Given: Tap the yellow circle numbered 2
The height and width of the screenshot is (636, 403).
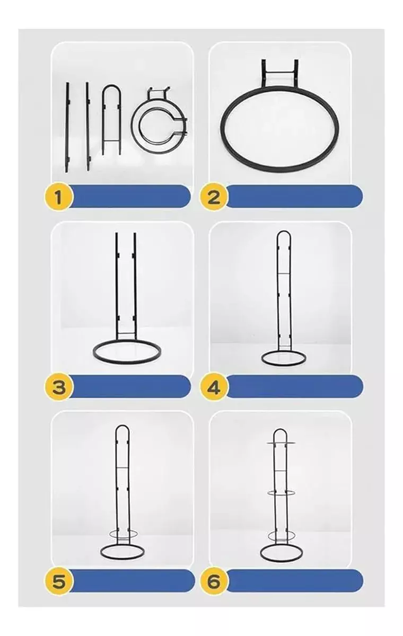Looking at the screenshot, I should (x=213, y=197).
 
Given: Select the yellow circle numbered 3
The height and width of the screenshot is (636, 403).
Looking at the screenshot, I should (x=58, y=386).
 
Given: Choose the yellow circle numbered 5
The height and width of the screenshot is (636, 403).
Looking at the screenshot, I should (x=58, y=581).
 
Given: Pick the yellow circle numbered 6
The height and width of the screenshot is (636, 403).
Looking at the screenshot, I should (x=213, y=581).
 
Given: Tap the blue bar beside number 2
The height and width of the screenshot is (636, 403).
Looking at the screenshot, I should (x=294, y=196).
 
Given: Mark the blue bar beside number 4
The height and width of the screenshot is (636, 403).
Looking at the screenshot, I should (x=294, y=386).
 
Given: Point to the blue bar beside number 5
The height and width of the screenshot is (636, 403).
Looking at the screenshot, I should (x=133, y=580).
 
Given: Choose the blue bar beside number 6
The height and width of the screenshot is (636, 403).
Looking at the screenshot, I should (x=294, y=580).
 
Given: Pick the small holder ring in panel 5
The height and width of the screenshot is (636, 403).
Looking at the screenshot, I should (x=122, y=532).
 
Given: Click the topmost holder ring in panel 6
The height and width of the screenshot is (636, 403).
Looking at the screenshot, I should (x=281, y=442).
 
